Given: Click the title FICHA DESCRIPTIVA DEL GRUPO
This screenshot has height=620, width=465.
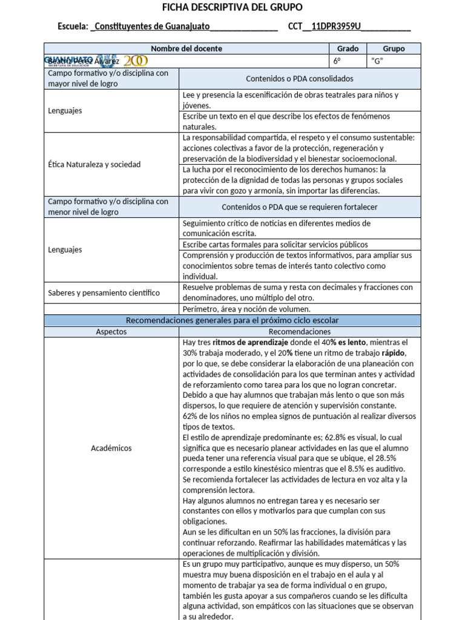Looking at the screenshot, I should (232, 7).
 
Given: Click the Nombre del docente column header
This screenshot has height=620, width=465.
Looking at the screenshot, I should (186, 48).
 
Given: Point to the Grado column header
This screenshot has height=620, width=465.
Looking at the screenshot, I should (348, 48).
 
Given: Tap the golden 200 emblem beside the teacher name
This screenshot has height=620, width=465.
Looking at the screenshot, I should (135, 61).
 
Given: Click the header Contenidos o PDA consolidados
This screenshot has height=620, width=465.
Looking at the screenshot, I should (299, 79).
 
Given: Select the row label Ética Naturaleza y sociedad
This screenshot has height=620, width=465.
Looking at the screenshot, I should (94, 164).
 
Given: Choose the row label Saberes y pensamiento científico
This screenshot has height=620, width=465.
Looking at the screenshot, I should (104, 292).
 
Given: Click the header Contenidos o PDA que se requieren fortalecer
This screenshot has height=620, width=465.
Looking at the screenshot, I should (299, 207).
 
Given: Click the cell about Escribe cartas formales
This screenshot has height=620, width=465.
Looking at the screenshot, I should (275, 245).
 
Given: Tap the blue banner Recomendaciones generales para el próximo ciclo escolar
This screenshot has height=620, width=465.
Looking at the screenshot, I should (232, 320).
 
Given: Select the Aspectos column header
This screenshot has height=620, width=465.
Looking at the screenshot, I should (111, 332).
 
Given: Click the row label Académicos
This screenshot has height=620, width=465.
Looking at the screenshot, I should (111, 448).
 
